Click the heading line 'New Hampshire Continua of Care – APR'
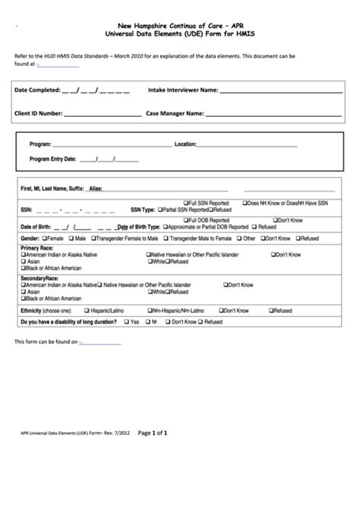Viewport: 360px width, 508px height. coord(180,25)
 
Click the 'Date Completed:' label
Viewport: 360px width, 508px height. coord(37,90)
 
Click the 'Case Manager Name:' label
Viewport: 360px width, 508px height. coord(174,114)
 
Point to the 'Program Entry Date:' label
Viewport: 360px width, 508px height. coord(52,159)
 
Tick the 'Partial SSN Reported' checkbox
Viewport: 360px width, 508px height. coord(161,209)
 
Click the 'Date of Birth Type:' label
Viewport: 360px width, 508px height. coord(139,226)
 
